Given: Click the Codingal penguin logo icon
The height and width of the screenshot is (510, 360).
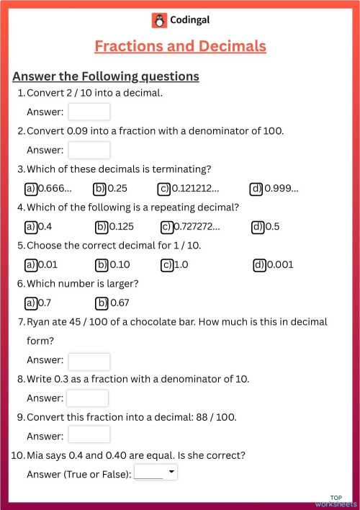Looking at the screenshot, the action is [159, 21].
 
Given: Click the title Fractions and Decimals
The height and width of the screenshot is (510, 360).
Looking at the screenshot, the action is [180, 46].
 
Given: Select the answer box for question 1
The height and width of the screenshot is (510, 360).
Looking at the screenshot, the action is [89, 112].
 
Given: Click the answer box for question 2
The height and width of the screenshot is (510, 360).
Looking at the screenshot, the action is [89, 150].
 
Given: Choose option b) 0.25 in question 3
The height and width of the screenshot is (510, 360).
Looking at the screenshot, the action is [100, 189].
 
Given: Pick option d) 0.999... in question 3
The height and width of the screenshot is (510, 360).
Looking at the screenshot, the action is [256, 189].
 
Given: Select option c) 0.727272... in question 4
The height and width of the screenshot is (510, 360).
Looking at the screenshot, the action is [167, 227].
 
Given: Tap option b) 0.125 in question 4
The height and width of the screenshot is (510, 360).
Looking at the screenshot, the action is [102, 227].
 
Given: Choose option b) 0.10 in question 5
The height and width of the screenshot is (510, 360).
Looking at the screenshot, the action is [102, 264].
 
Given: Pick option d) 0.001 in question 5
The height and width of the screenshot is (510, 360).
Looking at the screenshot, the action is [260, 264].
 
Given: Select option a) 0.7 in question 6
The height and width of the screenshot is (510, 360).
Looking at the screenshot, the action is [31, 303].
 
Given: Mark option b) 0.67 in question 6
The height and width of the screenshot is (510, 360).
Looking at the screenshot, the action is [102, 303].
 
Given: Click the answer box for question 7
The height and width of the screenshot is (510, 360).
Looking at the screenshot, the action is [89, 361].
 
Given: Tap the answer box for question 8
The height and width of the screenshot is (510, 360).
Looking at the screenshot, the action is [87, 398].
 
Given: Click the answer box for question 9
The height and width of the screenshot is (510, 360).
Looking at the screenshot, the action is [89, 434].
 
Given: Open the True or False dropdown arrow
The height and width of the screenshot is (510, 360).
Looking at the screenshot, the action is [171, 473].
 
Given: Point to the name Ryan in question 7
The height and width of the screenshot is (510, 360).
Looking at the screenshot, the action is [38, 322].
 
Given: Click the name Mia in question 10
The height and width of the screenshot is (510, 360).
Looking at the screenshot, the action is [35, 455].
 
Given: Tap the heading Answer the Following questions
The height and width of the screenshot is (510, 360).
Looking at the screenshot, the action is [106, 76].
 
